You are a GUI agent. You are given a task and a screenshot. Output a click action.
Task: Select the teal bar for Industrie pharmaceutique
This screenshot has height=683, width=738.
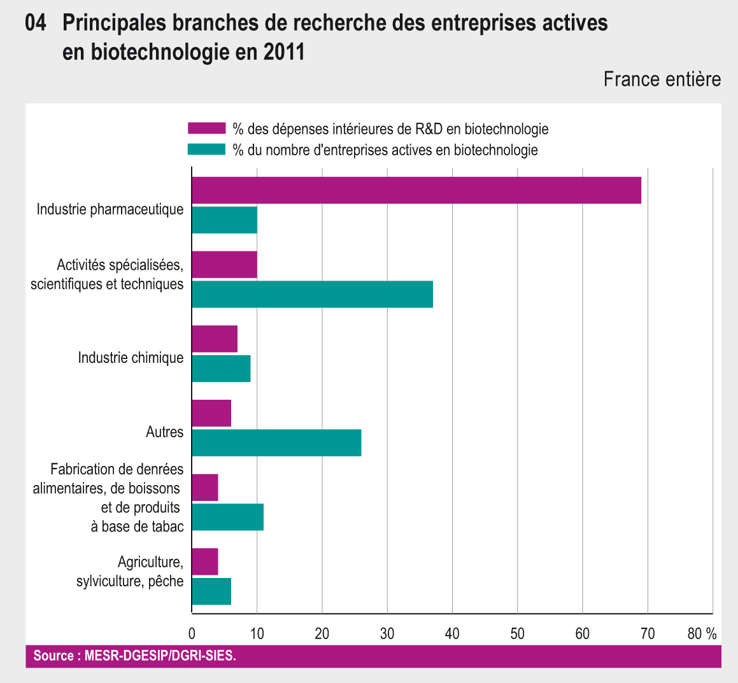(224, 220)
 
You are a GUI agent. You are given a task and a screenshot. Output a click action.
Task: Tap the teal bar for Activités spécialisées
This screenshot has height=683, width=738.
(312, 294)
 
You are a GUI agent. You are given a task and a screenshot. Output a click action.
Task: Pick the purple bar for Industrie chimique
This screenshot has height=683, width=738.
(215, 339)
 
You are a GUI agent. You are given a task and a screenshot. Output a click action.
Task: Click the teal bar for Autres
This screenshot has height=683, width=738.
(276, 442)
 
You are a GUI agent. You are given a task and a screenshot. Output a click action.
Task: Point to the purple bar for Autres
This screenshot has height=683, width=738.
(211, 413)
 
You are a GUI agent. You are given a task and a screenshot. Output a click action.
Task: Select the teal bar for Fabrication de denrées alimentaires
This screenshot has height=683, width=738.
(227, 517)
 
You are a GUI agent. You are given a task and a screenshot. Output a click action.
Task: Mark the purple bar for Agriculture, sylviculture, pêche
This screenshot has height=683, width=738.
(205, 561)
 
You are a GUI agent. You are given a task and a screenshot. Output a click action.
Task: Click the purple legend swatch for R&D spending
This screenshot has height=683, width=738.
(206, 129)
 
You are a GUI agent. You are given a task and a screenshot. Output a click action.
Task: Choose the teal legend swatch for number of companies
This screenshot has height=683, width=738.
(206, 150)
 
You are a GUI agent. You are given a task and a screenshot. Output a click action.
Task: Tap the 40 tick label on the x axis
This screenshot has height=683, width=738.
(452, 633)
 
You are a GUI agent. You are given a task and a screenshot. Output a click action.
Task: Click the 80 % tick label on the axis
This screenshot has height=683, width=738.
(702, 633)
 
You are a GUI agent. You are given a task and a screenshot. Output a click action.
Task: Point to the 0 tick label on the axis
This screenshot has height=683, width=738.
(192, 633)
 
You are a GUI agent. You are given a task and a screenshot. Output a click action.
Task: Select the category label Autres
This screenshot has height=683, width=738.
(164, 432)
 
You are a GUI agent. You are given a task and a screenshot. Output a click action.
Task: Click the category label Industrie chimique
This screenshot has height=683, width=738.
(131, 358)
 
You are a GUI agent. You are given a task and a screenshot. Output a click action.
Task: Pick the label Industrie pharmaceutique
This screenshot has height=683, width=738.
(110, 209)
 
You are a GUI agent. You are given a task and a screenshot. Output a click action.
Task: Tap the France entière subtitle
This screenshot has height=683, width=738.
(662, 79)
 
